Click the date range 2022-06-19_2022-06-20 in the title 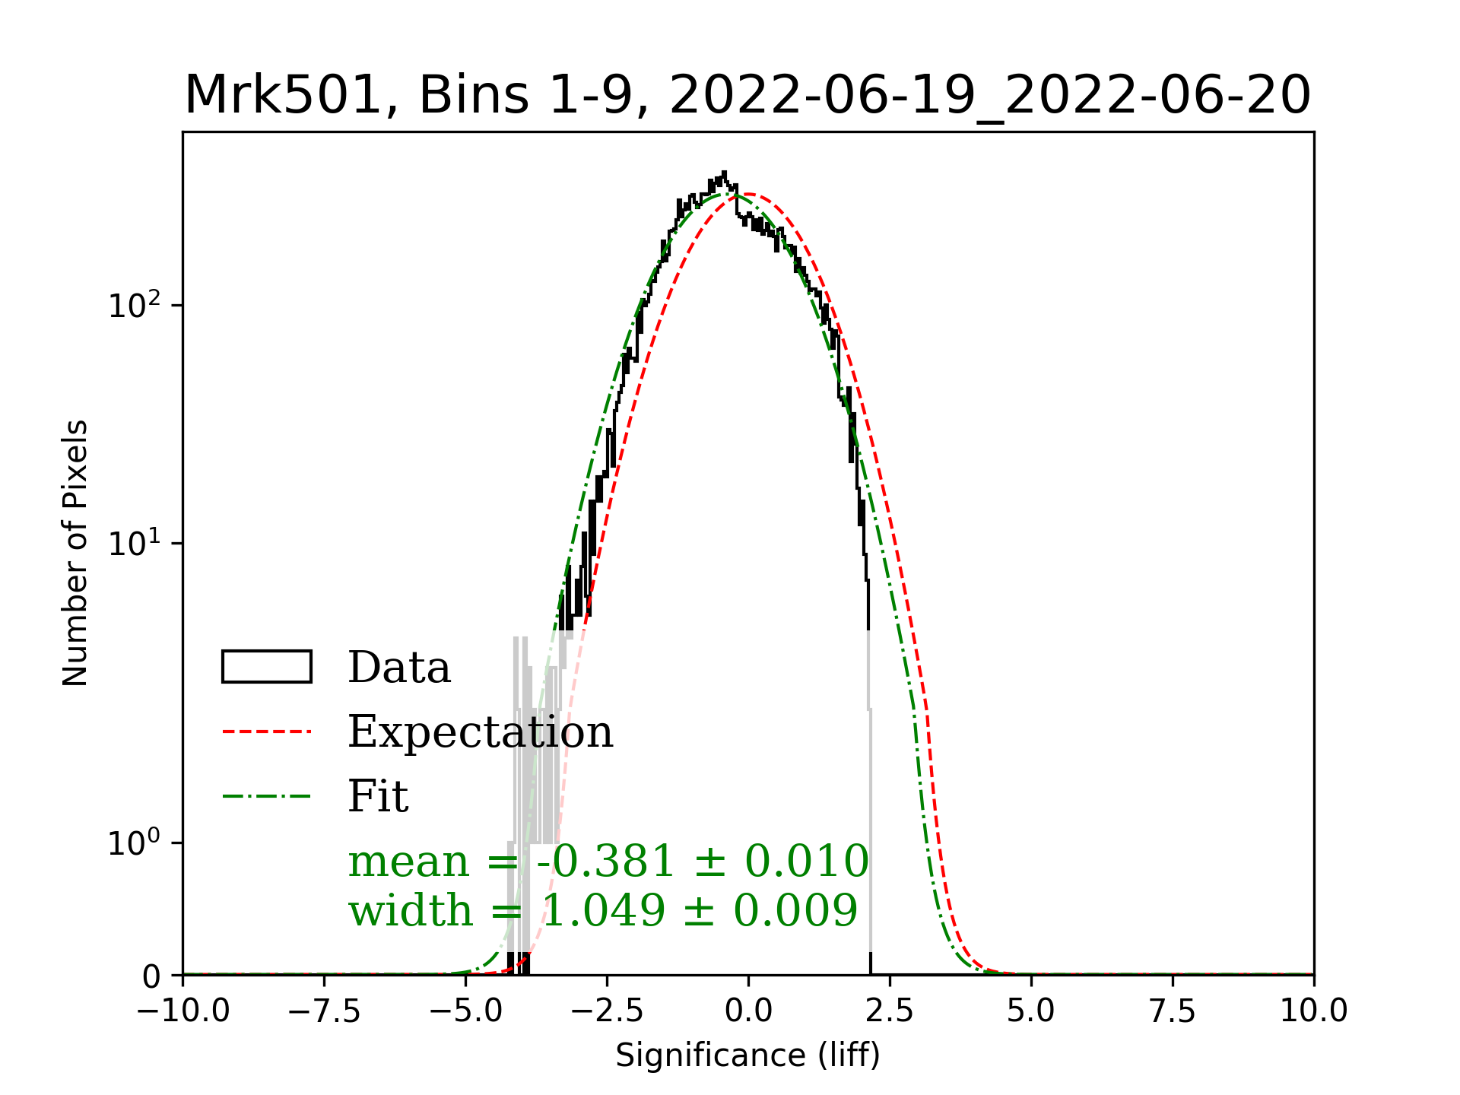(x=989, y=96)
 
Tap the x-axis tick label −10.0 (x=182, y=1011)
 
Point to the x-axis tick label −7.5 (x=324, y=1011)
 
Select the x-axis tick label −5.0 (x=465, y=1011)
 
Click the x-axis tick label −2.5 (x=607, y=1011)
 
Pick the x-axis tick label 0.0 (x=748, y=1011)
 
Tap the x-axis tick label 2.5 (x=890, y=1011)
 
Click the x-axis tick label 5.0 (x=1031, y=1011)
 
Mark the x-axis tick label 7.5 (x=1173, y=1011)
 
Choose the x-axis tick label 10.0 (x=1314, y=1011)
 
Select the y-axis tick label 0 (x=151, y=977)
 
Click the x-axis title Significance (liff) (x=747, y=1055)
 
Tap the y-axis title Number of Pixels (x=75, y=553)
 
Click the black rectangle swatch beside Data (x=266, y=667)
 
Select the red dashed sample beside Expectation (x=266, y=732)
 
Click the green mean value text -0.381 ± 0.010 (x=702, y=862)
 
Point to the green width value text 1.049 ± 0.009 (x=699, y=910)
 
